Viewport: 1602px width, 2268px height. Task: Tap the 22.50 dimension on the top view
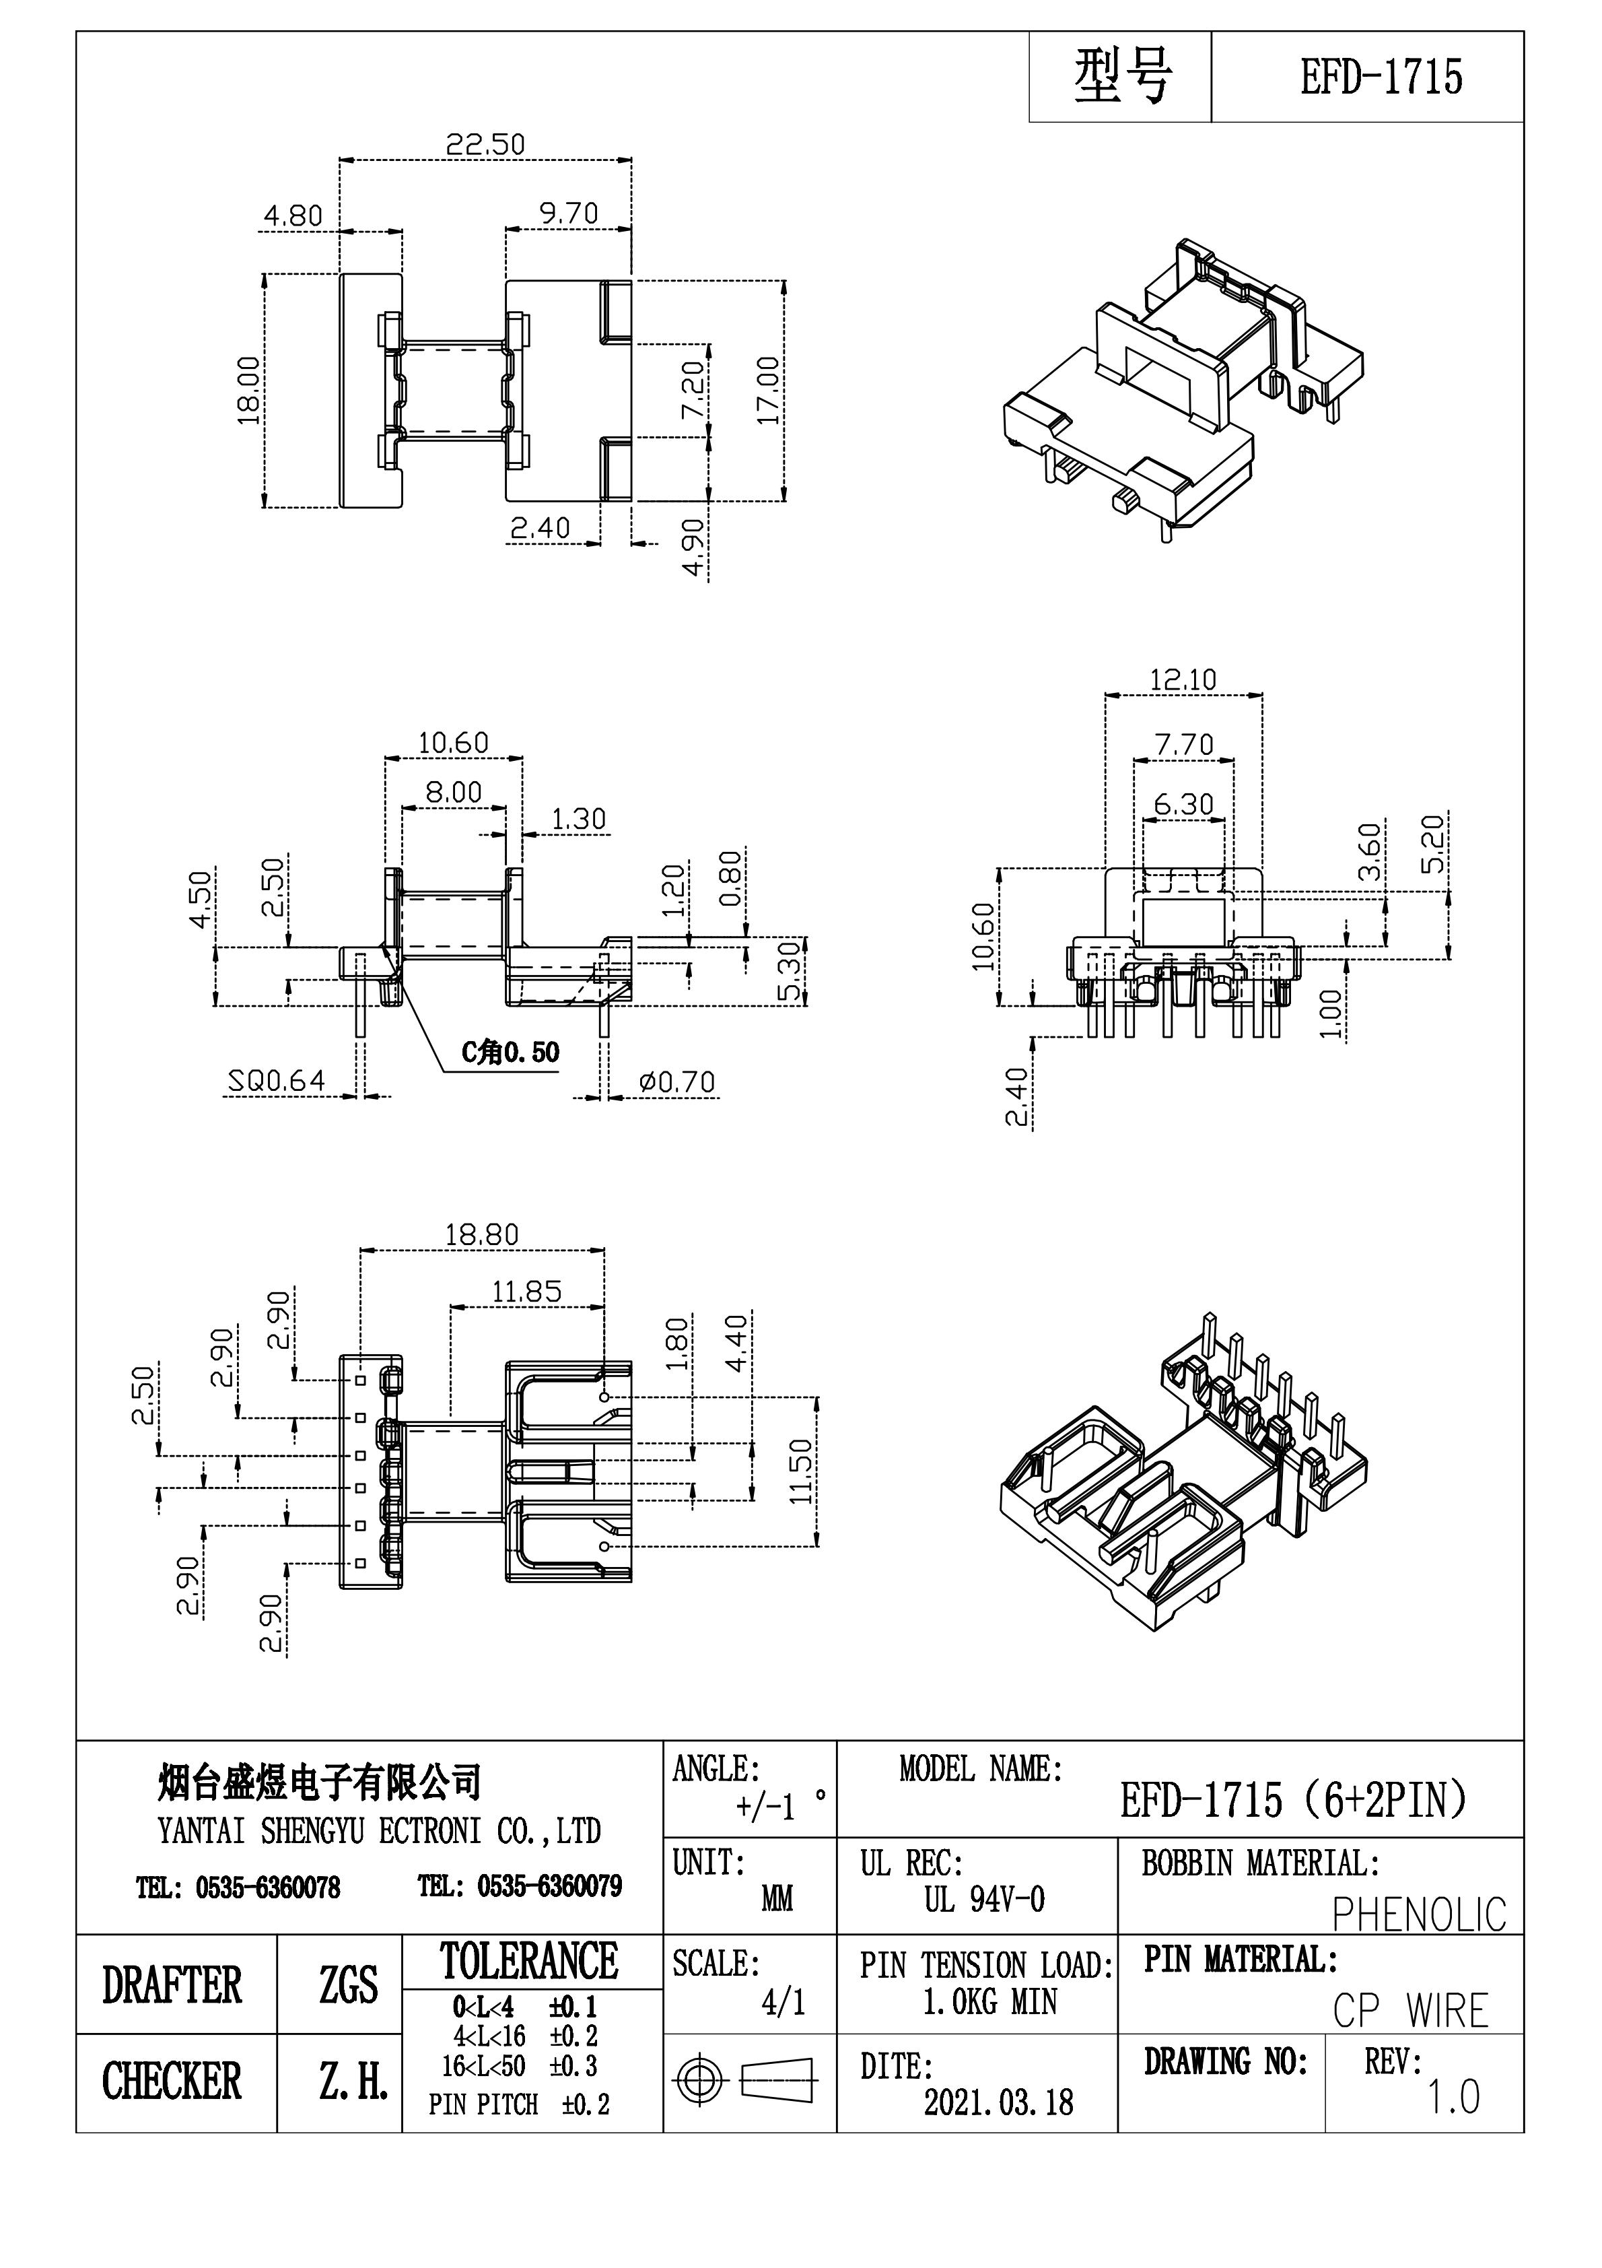coord(484,145)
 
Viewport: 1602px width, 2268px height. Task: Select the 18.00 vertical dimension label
coord(249,390)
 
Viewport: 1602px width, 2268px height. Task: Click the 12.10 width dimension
coord(1182,679)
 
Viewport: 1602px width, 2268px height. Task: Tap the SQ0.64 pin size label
coord(277,1081)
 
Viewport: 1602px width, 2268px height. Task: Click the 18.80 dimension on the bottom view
coord(481,1235)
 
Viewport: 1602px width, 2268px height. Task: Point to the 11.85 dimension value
coord(526,1291)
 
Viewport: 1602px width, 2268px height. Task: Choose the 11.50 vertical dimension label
coord(801,1471)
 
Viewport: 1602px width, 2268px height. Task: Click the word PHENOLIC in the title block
coord(1418,1914)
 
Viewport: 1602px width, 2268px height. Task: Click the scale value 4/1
coord(783,2002)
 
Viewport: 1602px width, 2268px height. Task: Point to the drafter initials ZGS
coord(347,1985)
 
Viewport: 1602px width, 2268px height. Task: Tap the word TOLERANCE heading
coord(529,1962)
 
